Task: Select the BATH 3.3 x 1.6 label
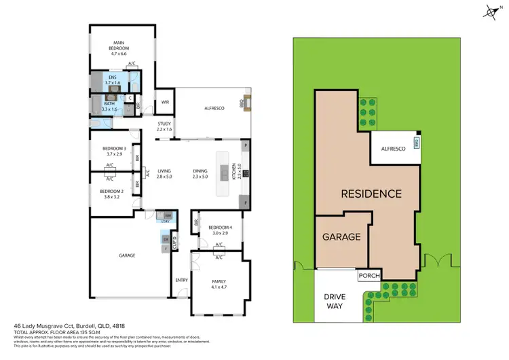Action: click(x=109, y=106)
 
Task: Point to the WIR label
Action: click(x=164, y=103)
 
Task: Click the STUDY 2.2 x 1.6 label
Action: click(x=164, y=126)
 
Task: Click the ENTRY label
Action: click(x=181, y=280)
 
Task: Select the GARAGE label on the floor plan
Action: click(x=128, y=255)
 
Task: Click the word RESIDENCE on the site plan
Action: click(x=371, y=194)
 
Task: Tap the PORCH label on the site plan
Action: click(x=369, y=275)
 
